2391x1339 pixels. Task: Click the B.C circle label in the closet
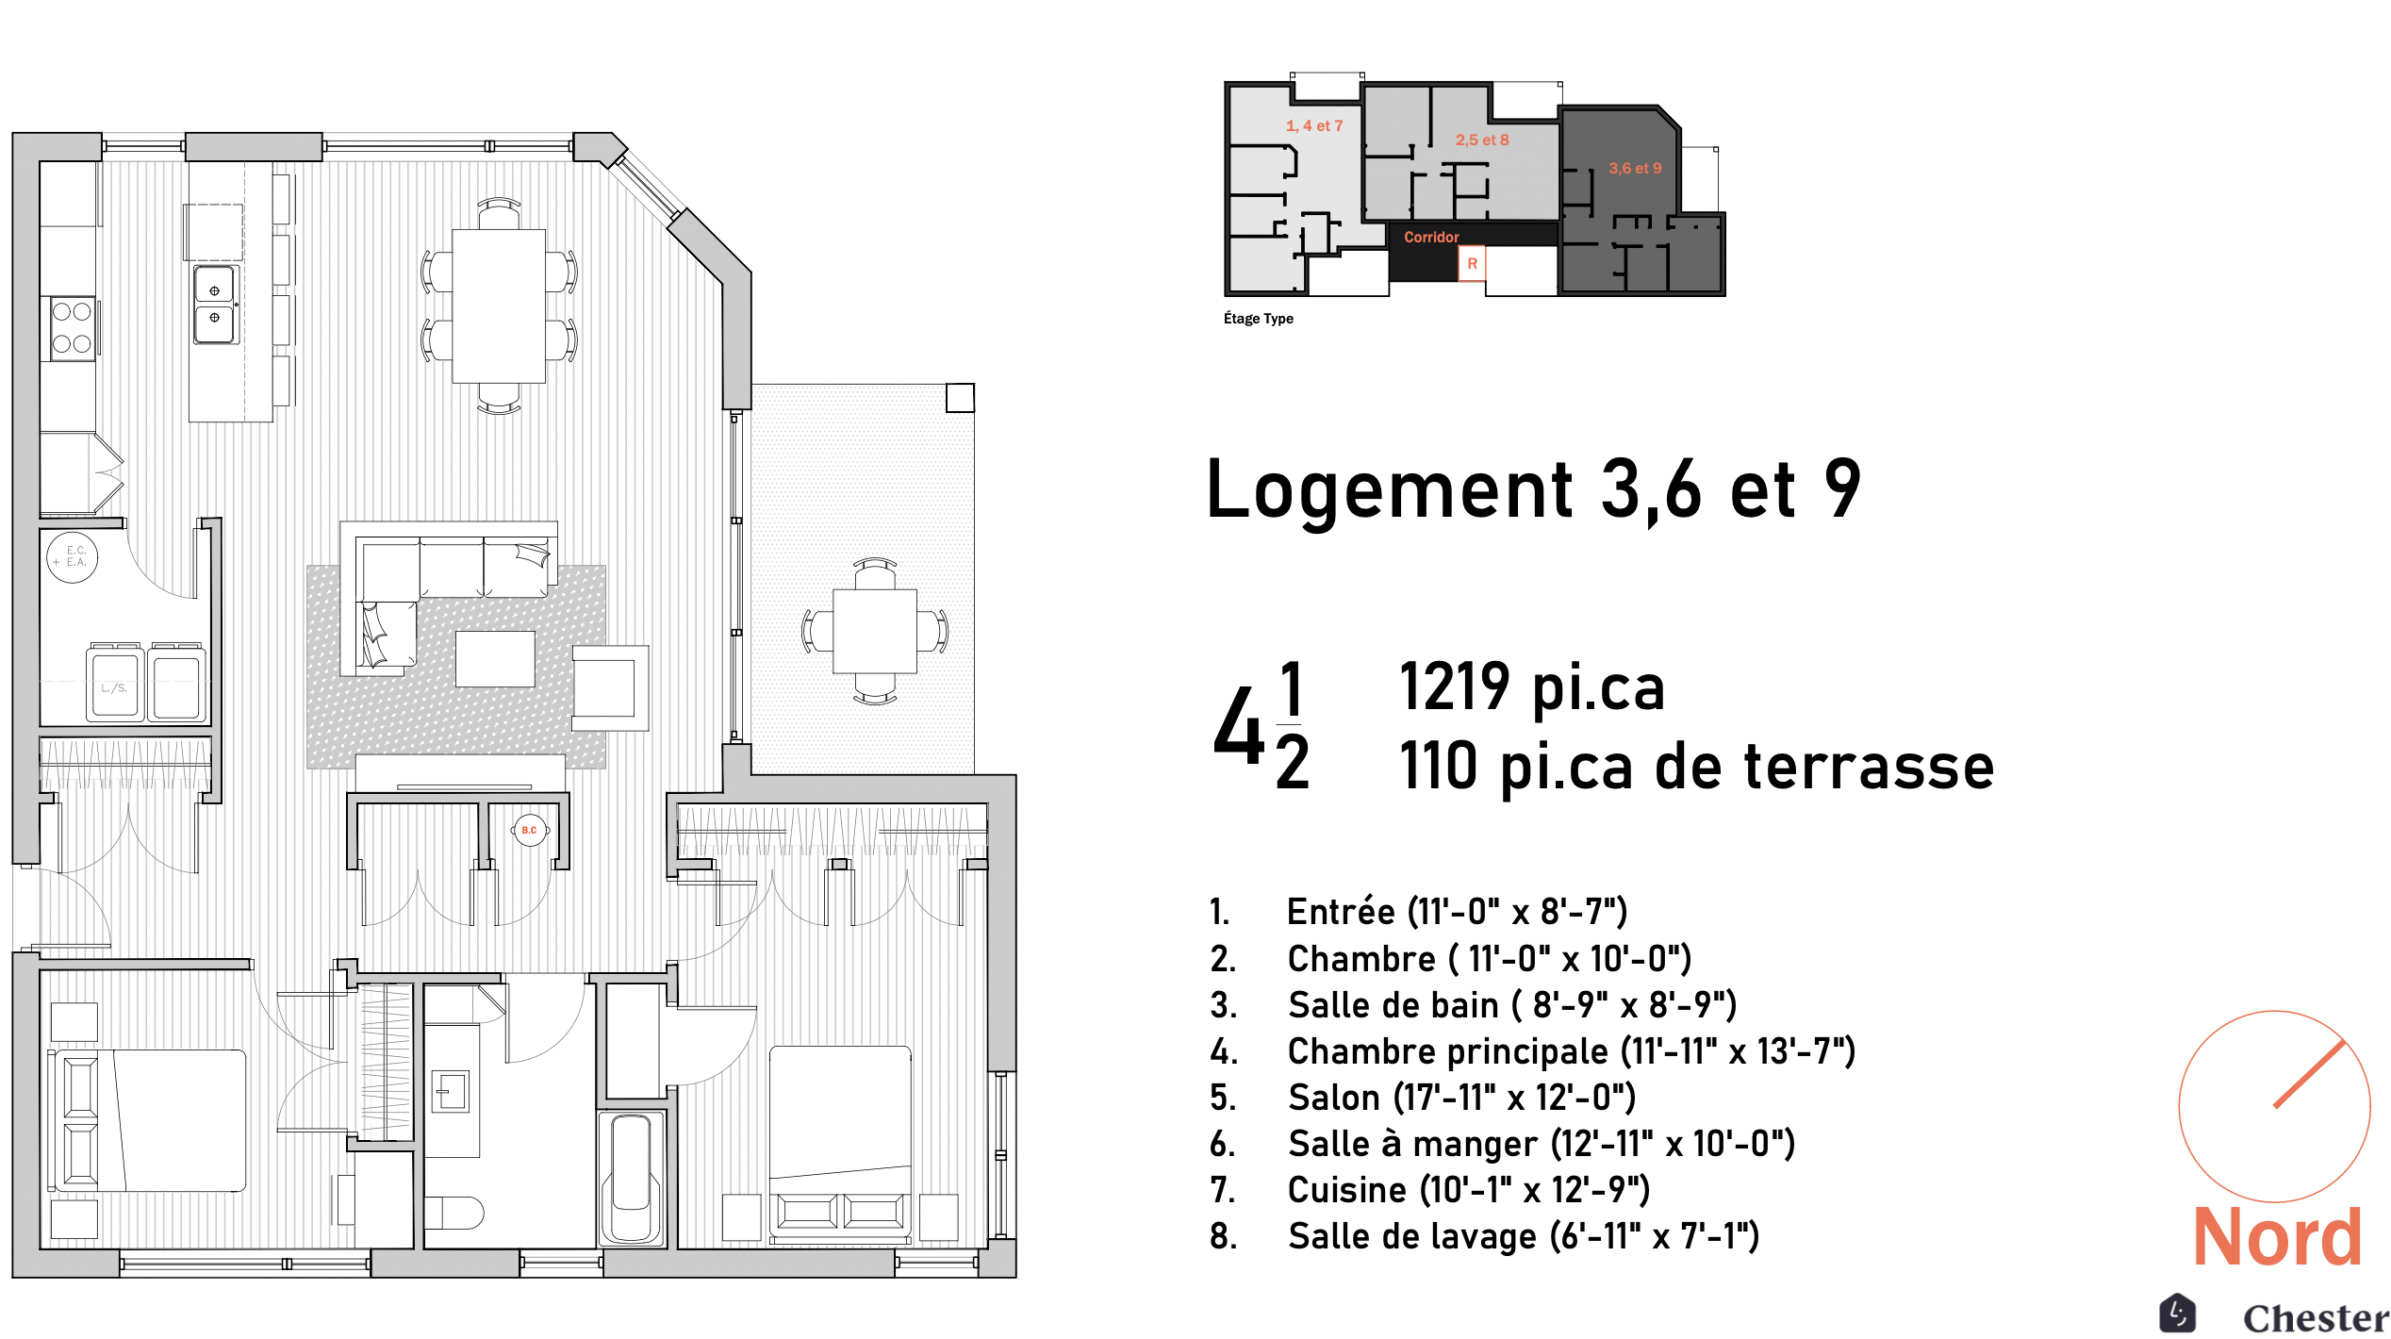[x=530, y=831]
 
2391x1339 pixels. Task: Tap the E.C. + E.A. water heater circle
[x=73, y=556]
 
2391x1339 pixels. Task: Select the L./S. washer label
[x=114, y=687]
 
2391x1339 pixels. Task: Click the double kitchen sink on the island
[x=216, y=305]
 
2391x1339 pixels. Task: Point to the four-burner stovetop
[x=72, y=327]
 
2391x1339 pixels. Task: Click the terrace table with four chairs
[x=875, y=631]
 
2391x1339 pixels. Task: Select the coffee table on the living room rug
[x=495, y=658]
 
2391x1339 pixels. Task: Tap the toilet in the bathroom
[x=453, y=1213]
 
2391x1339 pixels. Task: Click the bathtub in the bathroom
[x=632, y=1178]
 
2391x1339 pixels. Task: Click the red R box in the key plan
[x=1472, y=264]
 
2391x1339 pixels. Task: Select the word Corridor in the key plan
[x=1431, y=237]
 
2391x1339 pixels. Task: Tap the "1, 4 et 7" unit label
[x=1314, y=125]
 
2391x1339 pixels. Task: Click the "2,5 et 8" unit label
[x=1482, y=140]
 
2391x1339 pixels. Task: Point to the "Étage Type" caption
[x=1259, y=319]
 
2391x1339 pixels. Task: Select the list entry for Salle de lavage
[x=1485, y=1236]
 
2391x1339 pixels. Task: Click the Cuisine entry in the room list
[x=1430, y=1190]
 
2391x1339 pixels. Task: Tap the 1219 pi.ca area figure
[x=1532, y=686]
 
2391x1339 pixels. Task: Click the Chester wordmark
[x=2316, y=1317]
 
